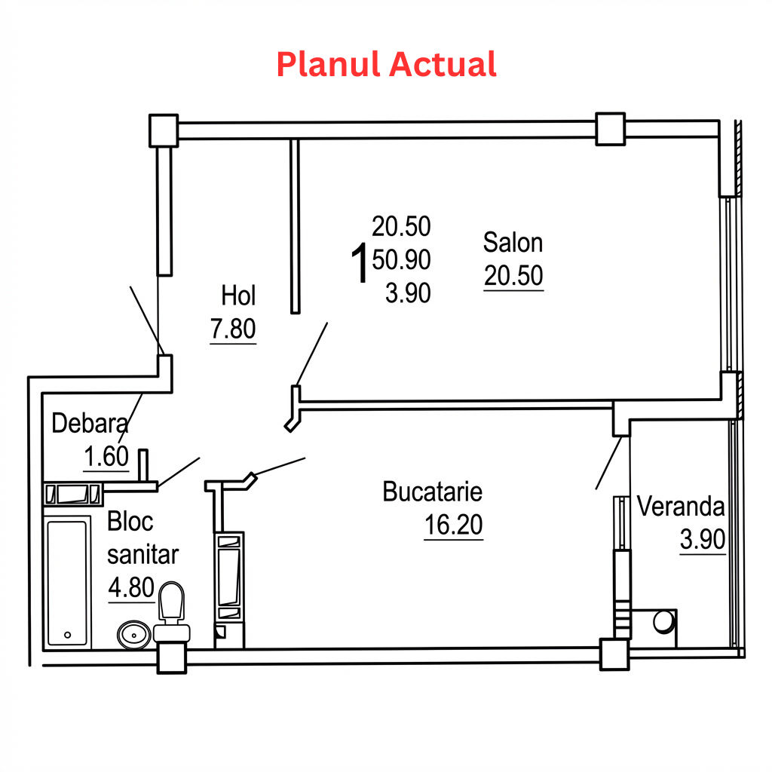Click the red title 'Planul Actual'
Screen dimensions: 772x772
(387, 65)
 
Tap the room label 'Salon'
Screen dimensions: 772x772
(513, 242)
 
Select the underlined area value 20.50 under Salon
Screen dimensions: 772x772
(513, 275)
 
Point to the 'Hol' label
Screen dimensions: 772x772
(238, 296)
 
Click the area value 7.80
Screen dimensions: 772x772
(233, 329)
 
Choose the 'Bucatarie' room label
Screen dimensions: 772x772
(432, 492)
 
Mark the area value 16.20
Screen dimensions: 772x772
(453, 525)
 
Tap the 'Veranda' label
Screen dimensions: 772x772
(681, 506)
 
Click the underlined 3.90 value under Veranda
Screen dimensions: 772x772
(703, 539)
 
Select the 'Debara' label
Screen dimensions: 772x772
(90, 423)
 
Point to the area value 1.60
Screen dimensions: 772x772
(106, 456)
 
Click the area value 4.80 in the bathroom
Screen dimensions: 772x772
(131, 587)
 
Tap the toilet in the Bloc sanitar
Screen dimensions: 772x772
(172, 612)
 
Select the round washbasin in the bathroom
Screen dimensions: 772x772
(134, 635)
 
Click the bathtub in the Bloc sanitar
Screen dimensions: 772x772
(67, 583)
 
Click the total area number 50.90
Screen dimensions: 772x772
(401, 259)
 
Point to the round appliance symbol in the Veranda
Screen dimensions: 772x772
(663, 622)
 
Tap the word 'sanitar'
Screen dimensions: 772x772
(142, 555)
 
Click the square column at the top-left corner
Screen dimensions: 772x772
(164, 130)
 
